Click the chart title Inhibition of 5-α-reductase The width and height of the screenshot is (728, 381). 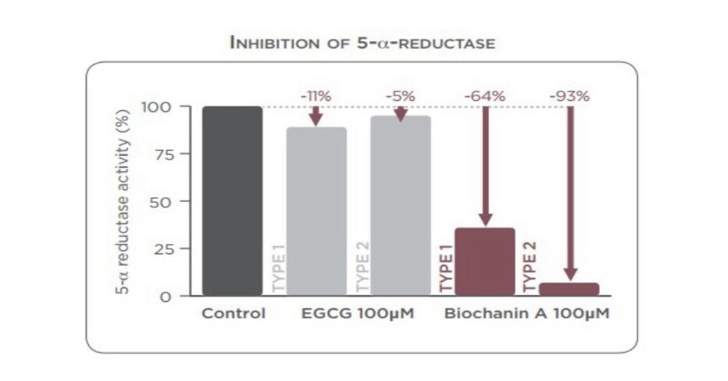tap(362, 43)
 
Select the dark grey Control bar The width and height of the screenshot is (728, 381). tap(232, 201)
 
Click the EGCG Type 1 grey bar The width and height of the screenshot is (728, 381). tap(316, 211)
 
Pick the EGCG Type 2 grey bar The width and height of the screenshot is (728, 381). tap(400, 206)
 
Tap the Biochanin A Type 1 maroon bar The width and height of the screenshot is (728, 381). tap(485, 261)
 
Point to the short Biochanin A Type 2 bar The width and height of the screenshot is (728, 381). tap(569, 289)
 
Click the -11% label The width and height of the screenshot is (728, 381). tap(316, 96)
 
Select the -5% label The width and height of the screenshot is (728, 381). tap(400, 96)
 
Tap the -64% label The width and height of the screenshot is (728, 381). tap(485, 96)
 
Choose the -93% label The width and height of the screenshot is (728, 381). tap(569, 96)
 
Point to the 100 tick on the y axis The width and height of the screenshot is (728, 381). tap(156, 107)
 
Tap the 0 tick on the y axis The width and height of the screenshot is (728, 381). tap(166, 297)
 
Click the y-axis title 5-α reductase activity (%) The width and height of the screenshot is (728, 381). tap(122, 201)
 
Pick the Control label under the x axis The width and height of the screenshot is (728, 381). tap(234, 313)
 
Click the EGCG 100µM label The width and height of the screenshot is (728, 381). tap(358, 313)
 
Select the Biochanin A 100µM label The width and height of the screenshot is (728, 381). tap(527, 313)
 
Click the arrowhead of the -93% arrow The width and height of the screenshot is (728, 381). tap(571, 275)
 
